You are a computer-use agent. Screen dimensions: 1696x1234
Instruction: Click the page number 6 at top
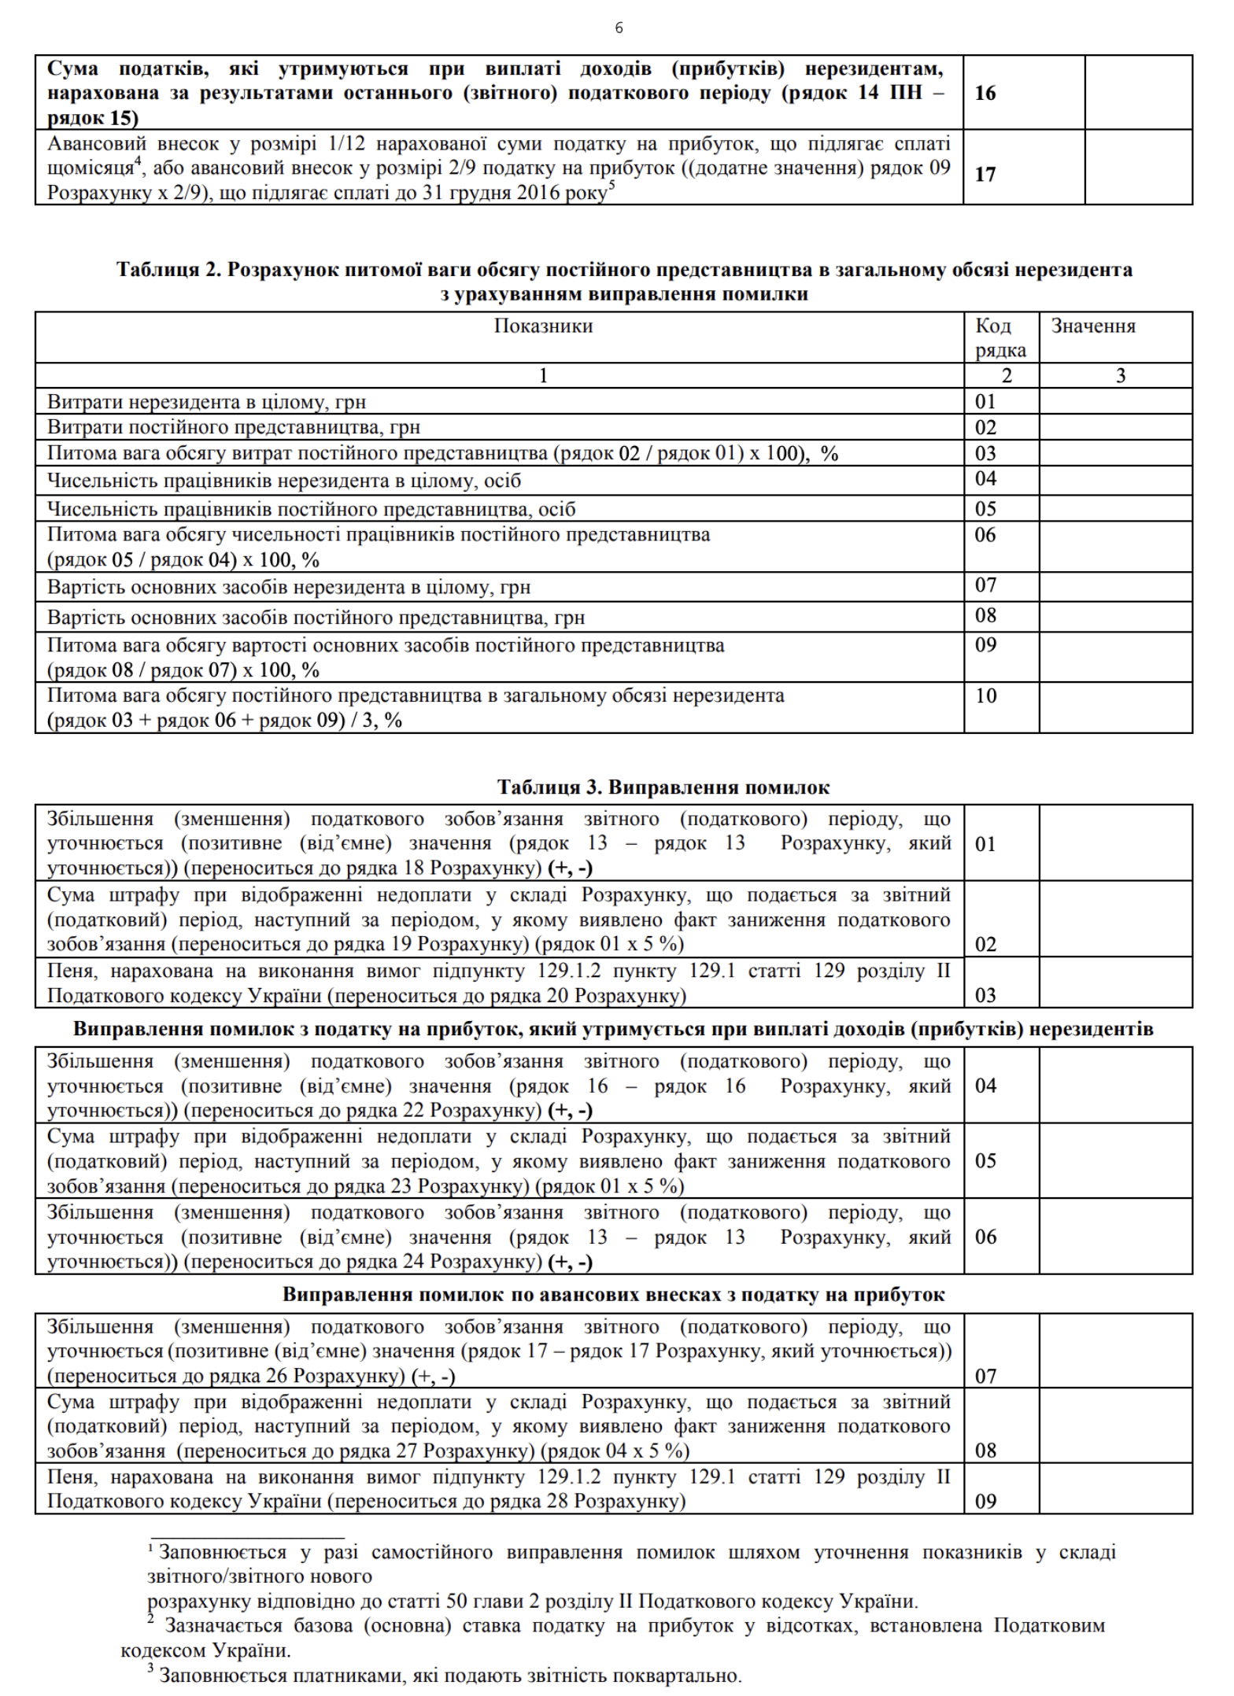pos(619,28)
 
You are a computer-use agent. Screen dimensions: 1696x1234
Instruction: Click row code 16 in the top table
pos(985,94)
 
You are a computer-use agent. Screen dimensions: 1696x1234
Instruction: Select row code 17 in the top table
pos(985,174)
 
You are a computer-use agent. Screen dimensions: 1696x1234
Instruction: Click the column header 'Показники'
pos(543,326)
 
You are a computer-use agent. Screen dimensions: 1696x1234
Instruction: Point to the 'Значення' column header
pos(1093,326)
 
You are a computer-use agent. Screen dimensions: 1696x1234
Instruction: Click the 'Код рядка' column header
pos(1000,337)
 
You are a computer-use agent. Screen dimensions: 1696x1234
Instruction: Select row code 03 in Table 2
pos(985,453)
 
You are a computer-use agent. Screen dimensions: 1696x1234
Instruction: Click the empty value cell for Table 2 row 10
pos(1115,707)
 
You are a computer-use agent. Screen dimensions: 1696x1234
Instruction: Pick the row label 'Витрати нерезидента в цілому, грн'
pos(206,402)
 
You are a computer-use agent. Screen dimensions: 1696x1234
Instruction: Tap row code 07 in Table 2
pos(985,585)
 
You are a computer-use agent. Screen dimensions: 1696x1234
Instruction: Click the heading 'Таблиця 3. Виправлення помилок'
pos(663,787)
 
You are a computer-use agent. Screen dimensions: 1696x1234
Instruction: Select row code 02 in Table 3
pos(985,944)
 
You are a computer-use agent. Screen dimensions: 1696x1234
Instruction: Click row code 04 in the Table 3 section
pos(985,1086)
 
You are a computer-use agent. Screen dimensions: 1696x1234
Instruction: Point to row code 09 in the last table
pos(985,1501)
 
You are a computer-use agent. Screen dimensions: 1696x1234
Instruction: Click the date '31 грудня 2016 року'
pos(515,193)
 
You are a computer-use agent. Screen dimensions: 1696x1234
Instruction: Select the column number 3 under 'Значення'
pos(1121,375)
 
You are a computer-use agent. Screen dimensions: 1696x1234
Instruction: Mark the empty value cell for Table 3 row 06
pos(1115,1237)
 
